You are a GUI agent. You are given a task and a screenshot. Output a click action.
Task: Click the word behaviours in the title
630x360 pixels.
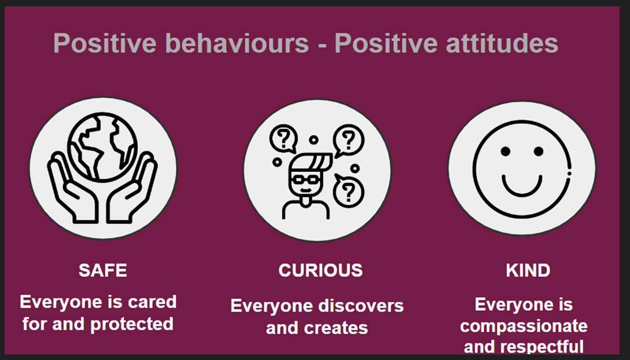(x=237, y=43)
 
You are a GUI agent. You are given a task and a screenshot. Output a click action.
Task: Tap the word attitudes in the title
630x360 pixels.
(x=502, y=43)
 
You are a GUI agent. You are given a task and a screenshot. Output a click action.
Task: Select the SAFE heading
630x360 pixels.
(x=103, y=270)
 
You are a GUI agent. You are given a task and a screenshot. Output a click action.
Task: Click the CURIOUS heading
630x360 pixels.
(x=320, y=270)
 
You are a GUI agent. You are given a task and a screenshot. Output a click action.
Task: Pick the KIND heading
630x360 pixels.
(x=528, y=270)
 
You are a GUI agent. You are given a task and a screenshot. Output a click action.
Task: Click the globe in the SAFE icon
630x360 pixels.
(x=102, y=146)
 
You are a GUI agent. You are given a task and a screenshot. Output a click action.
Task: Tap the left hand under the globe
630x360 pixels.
(x=72, y=189)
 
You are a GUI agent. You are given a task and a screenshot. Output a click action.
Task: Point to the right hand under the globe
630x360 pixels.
(x=132, y=189)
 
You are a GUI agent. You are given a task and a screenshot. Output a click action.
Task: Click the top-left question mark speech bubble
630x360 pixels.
(x=284, y=138)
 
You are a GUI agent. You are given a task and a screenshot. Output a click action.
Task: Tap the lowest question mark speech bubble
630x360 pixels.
(x=349, y=191)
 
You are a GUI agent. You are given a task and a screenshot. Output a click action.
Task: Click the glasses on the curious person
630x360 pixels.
(x=306, y=179)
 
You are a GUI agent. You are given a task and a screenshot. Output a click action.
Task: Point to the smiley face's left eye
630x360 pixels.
(x=506, y=152)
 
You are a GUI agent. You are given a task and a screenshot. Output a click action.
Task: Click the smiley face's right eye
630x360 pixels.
(x=539, y=152)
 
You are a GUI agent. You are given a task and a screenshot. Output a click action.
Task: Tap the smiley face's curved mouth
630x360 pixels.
(x=522, y=192)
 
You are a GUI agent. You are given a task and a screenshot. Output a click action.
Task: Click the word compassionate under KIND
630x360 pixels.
(x=524, y=326)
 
